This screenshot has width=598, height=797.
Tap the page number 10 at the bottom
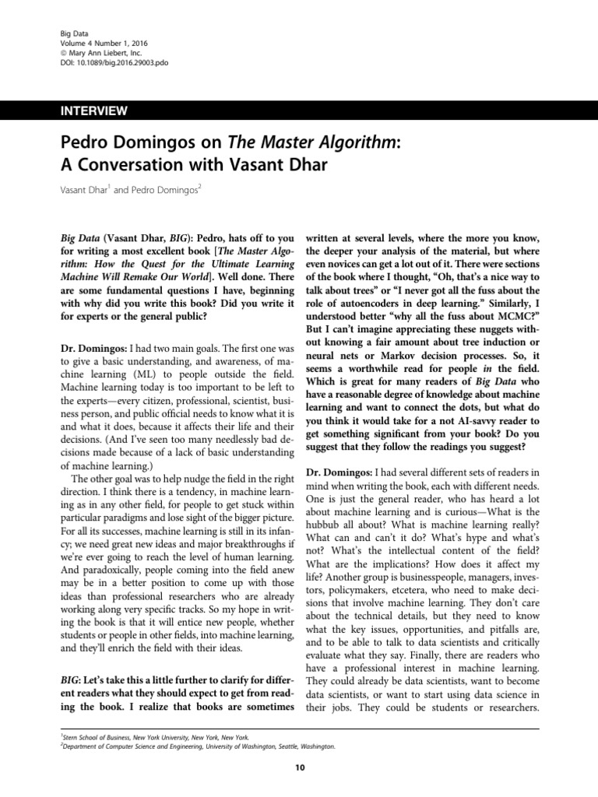pyautogui.click(x=299, y=769)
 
